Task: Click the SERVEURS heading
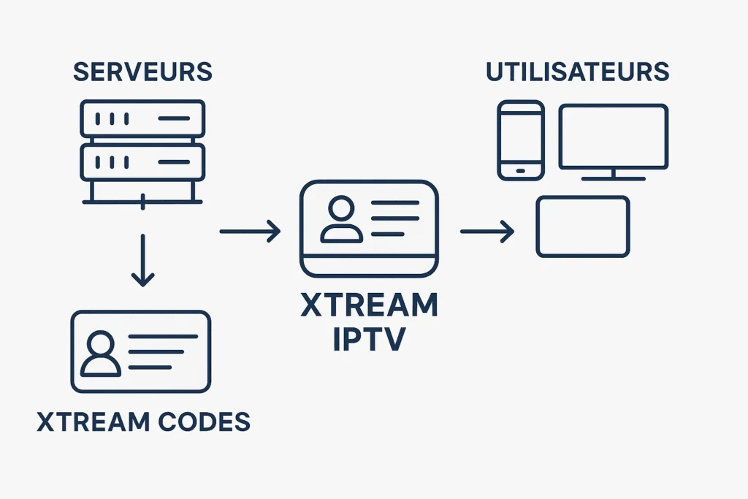tap(142, 72)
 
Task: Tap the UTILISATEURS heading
tap(578, 72)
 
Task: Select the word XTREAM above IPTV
tap(369, 305)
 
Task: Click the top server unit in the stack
tap(142, 118)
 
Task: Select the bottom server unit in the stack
tap(142, 161)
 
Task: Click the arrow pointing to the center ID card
tap(250, 232)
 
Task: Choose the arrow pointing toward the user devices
tap(487, 232)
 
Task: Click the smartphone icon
tap(520, 140)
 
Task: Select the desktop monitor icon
tap(613, 137)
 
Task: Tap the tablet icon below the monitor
tap(582, 226)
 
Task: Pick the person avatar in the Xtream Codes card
tap(101, 354)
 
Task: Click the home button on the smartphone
tap(520, 171)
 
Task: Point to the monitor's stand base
tap(613, 178)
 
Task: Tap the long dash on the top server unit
tap(172, 118)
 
